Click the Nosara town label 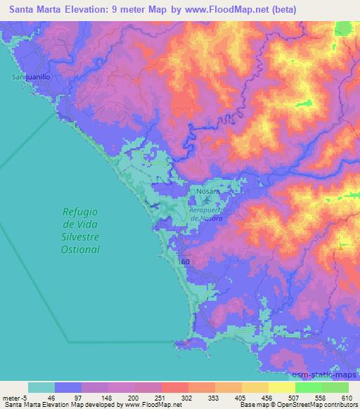[208, 191]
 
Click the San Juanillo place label [30, 77]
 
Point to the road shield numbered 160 [184, 261]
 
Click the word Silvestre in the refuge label [79, 237]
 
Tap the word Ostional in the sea [79, 249]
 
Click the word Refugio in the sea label [79, 212]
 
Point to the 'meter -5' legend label [14, 397]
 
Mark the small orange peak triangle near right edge [342, 246]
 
